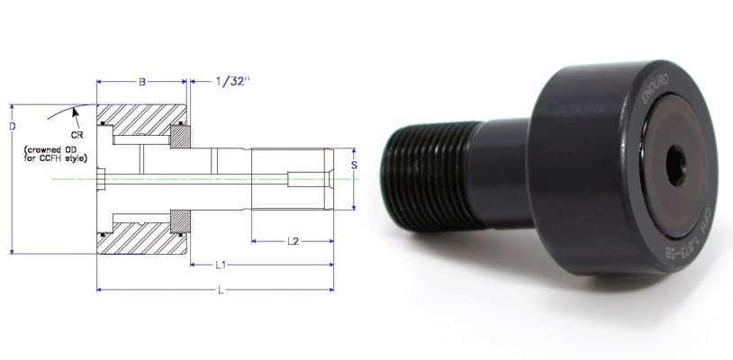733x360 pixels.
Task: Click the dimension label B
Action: coord(141,82)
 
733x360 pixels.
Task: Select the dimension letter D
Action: coord(11,127)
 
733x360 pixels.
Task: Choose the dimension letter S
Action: coord(354,166)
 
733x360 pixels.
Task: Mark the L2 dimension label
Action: coord(293,241)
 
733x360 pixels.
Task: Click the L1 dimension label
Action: coord(220,265)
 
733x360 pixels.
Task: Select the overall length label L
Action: coord(220,290)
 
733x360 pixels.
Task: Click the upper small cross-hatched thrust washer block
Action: coord(180,136)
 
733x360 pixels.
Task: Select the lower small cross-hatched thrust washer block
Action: coord(180,220)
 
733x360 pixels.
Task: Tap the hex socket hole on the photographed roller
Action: coord(676,166)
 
